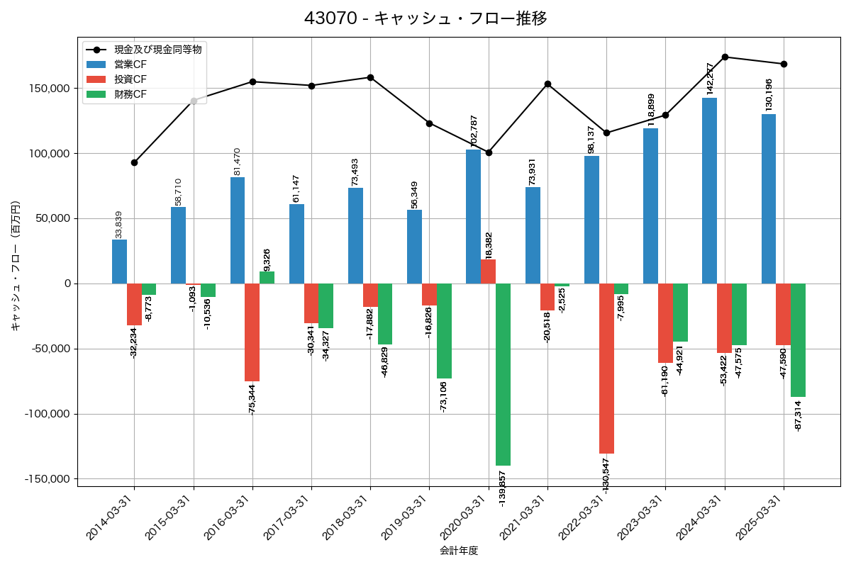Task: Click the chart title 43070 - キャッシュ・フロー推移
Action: [x=425, y=18]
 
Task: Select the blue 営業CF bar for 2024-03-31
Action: [x=709, y=191]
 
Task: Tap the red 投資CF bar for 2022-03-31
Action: [x=606, y=369]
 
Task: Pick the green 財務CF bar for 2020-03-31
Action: [x=503, y=374]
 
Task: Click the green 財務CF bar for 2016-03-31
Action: [x=267, y=278]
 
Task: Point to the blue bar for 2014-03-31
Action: [x=119, y=262]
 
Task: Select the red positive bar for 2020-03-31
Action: [x=488, y=271]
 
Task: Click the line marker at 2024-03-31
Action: [x=725, y=57]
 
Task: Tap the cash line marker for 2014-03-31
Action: [x=134, y=162]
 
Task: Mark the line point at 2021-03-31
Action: [x=547, y=84]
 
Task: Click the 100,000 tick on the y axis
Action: [x=48, y=154]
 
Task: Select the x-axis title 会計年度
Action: [x=459, y=551]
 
